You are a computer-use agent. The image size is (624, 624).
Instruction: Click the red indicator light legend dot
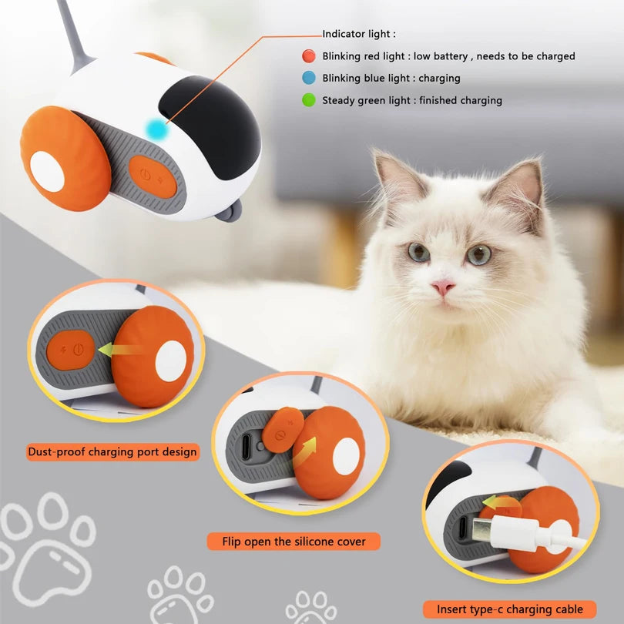point(308,56)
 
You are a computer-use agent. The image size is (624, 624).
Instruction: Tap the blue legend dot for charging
point(308,78)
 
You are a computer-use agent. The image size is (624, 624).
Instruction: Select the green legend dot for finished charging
point(308,100)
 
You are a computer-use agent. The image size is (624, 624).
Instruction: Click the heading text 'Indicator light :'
point(359,34)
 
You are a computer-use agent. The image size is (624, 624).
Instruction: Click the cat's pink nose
point(442,287)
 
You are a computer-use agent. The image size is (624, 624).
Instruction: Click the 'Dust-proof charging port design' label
point(112,451)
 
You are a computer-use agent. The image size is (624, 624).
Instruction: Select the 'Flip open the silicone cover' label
point(294,542)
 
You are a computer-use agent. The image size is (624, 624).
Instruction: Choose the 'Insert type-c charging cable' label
point(510,609)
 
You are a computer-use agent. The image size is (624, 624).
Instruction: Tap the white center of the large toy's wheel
point(47,171)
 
